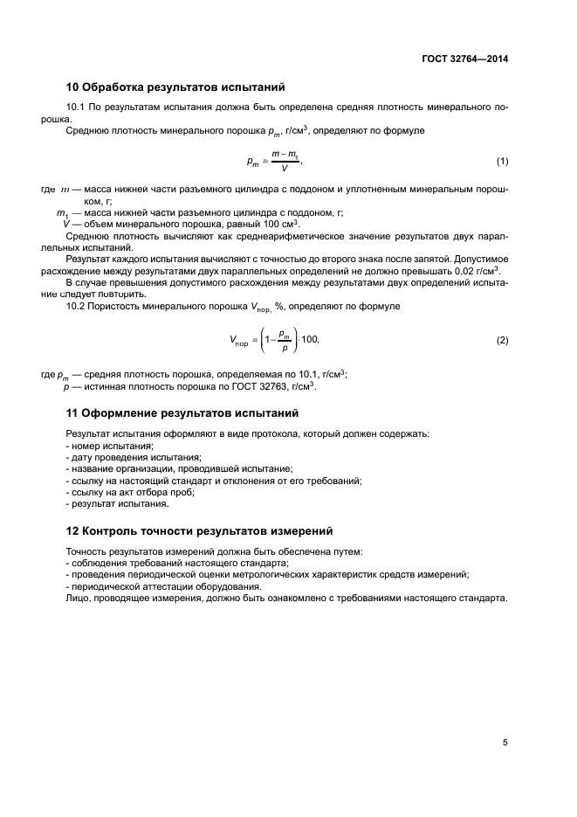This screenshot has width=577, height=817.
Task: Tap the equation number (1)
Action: (x=502, y=162)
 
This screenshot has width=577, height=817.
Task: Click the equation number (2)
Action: (x=502, y=340)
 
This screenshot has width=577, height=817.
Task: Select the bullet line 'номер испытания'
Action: (x=104, y=446)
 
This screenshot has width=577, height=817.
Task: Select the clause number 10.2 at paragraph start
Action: (x=76, y=307)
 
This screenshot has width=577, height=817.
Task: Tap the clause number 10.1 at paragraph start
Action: (x=76, y=107)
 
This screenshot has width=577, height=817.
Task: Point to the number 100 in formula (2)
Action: (x=309, y=340)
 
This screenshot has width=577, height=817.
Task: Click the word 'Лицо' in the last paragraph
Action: (x=78, y=599)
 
